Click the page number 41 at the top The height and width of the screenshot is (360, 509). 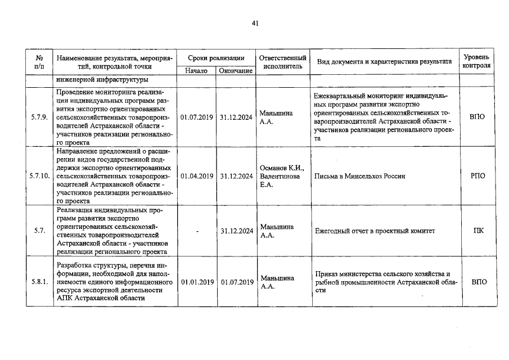pos(255,23)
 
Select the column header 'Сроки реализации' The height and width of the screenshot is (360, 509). pos(216,58)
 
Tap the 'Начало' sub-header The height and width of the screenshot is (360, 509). pos(196,71)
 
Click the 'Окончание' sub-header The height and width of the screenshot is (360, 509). pos(235,71)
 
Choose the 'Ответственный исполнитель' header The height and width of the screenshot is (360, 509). pos(283,62)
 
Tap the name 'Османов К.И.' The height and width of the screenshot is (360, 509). pos(282,168)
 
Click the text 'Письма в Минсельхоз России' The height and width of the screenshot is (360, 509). pos(360,176)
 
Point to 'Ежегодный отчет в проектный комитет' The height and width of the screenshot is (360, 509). pos(375,231)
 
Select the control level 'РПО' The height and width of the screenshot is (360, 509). pos(477,176)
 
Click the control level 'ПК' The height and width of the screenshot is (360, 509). pos(477,231)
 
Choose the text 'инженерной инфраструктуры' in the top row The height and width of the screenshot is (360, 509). pos(102,80)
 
